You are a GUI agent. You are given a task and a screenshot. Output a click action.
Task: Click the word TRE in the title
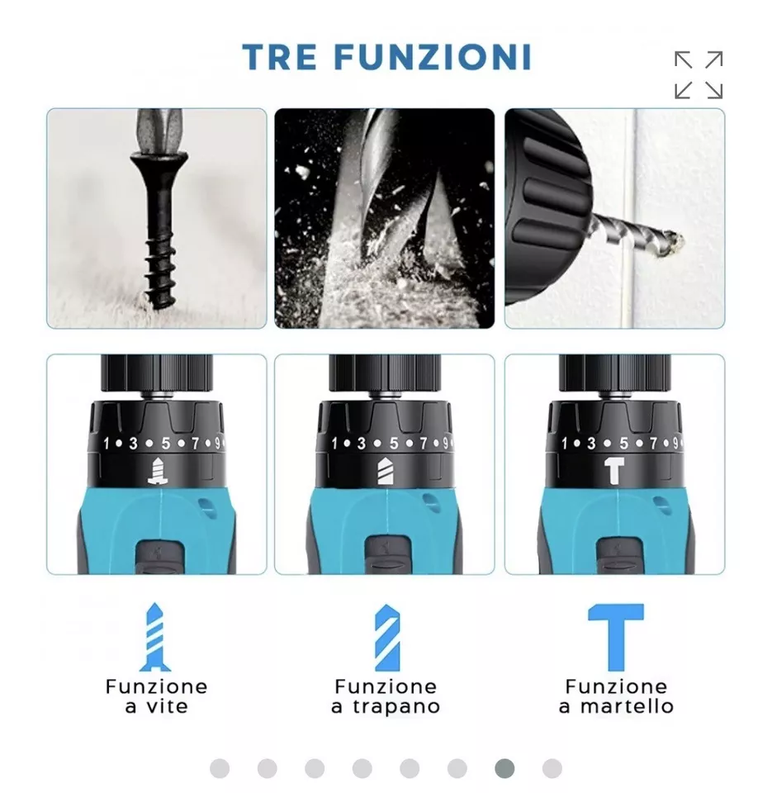[x=280, y=57]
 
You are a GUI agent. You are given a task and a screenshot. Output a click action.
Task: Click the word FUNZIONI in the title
[x=433, y=57]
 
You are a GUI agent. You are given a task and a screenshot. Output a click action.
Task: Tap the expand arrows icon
[x=699, y=75]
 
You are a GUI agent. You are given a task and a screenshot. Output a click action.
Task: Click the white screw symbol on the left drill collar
[x=158, y=472]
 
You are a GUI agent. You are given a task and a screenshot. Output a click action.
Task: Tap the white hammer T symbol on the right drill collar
[x=614, y=471]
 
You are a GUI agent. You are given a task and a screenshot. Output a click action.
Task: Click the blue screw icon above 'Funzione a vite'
[x=154, y=637]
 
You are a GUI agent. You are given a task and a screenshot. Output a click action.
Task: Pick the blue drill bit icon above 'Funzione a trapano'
[x=387, y=637]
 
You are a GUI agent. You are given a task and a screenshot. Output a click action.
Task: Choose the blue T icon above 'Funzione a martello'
[x=616, y=637]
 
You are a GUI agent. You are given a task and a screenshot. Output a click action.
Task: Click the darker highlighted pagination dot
[x=504, y=769]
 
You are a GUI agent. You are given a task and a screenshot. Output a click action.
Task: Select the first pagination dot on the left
[x=220, y=769]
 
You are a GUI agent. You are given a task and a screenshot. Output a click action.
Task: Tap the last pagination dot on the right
[x=552, y=769]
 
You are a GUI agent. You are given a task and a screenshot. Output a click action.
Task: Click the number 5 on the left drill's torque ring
[x=165, y=444]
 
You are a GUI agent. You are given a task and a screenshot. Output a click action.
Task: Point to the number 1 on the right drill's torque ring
[x=564, y=444]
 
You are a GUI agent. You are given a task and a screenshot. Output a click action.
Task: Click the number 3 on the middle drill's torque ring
[x=362, y=444]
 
